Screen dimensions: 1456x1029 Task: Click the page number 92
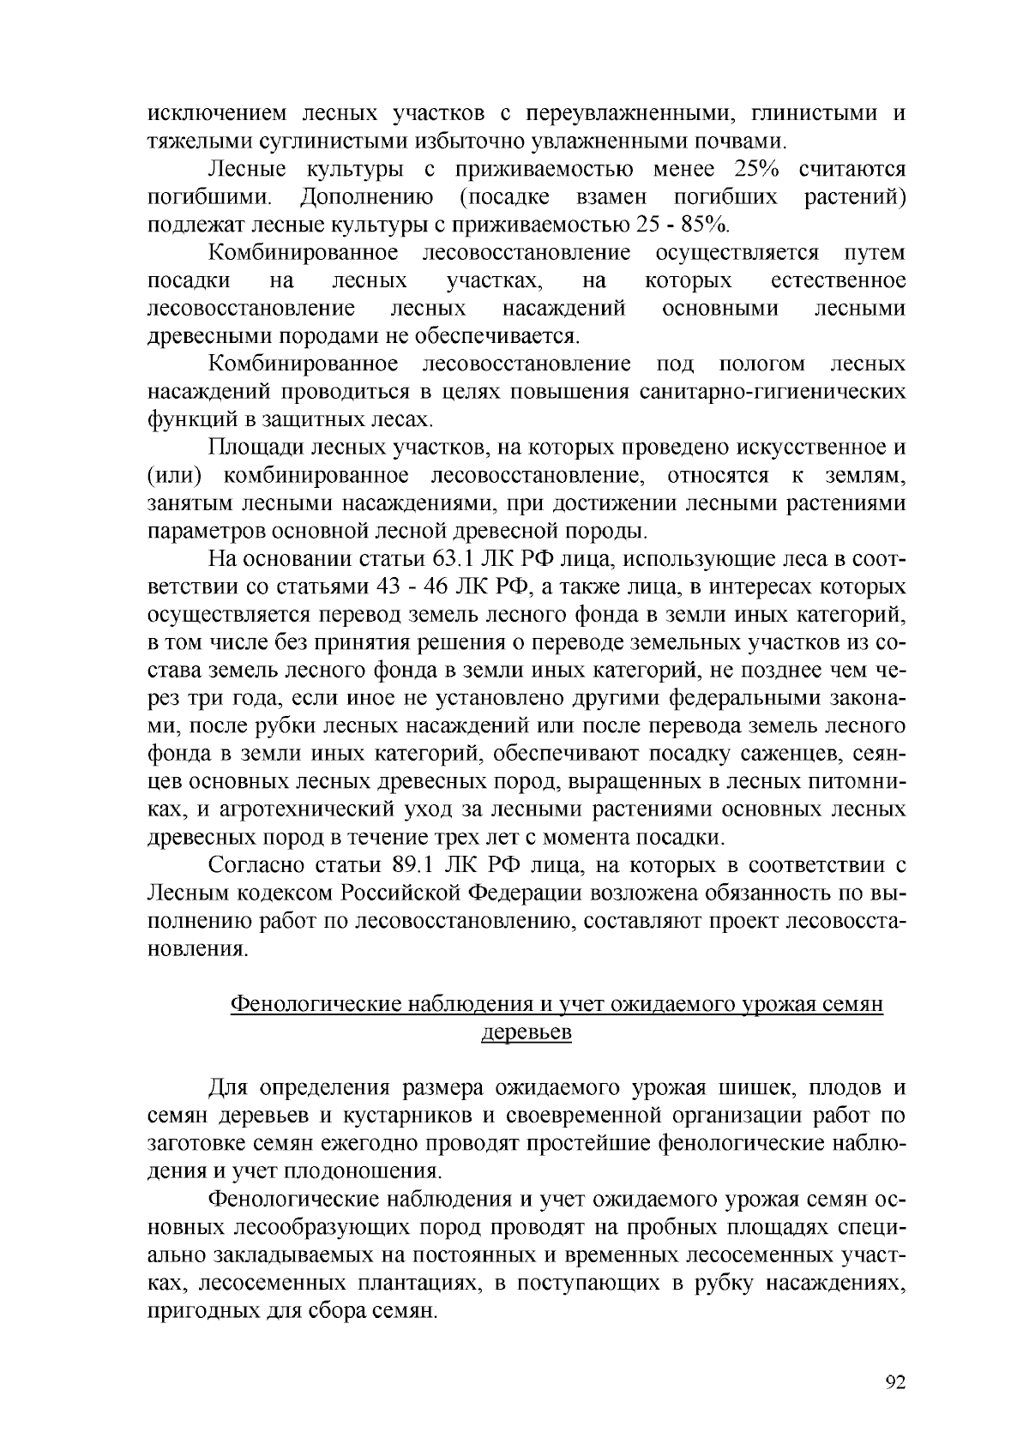[894, 1381]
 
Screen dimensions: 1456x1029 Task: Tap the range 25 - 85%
[683, 226]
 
